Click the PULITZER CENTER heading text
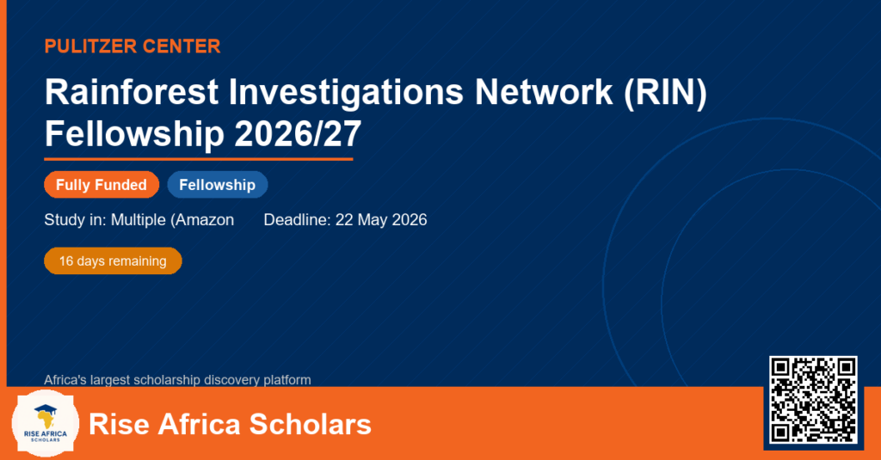tap(132, 46)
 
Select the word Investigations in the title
tap(346, 93)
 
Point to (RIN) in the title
tap(665, 93)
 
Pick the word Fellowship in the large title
tap(134, 135)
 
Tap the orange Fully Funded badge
tap(102, 185)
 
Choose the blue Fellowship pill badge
tap(218, 185)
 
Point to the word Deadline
tap(297, 219)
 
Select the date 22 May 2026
tap(381, 219)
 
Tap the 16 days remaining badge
tap(113, 261)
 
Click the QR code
tap(813, 400)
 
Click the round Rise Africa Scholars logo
tap(46, 424)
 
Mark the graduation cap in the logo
tap(46, 409)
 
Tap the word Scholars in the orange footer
tap(310, 424)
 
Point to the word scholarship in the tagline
tap(161, 380)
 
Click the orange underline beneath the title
tap(199, 160)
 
